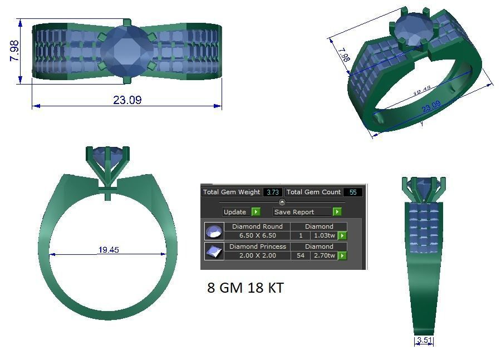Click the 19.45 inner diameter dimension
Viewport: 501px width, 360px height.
pyautogui.click(x=109, y=250)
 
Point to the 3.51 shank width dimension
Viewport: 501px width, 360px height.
pyautogui.click(x=424, y=341)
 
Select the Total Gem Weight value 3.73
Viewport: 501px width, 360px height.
pyautogui.click(x=272, y=192)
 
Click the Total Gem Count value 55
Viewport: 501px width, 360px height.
pyautogui.click(x=353, y=192)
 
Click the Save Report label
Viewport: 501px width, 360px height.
pyautogui.click(x=294, y=212)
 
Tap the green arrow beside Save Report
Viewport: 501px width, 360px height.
pyautogui.click(x=337, y=212)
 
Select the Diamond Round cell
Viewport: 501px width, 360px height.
pyautogui.click(x=257, y=226)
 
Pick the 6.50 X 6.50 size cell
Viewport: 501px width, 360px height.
pyautogui.click(x=257, y=235)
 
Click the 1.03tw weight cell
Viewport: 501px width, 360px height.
pyautogui.click(x=323, y=235)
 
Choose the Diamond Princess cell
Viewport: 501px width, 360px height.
pyautogui.click(x=257, y=246)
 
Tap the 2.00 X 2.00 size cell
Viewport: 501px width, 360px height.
pyautogui.click(x=257, y=255)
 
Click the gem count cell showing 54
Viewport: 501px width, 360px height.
pyautogui.click(x=301, y=255)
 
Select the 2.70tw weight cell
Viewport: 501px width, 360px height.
pyautogui.click(x=323, y=255)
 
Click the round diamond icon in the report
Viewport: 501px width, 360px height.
pyautogui.click(x=214, y=231)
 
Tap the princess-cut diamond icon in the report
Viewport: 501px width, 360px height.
pyautogui.click(x=214, y=251)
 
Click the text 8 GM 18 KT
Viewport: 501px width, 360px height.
pyautogui.click(x=245, y=288)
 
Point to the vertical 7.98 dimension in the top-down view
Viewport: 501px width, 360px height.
pyautogui.click(x=15, y=51)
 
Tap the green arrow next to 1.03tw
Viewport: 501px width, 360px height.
pyautogui.click(x=342, y=236)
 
